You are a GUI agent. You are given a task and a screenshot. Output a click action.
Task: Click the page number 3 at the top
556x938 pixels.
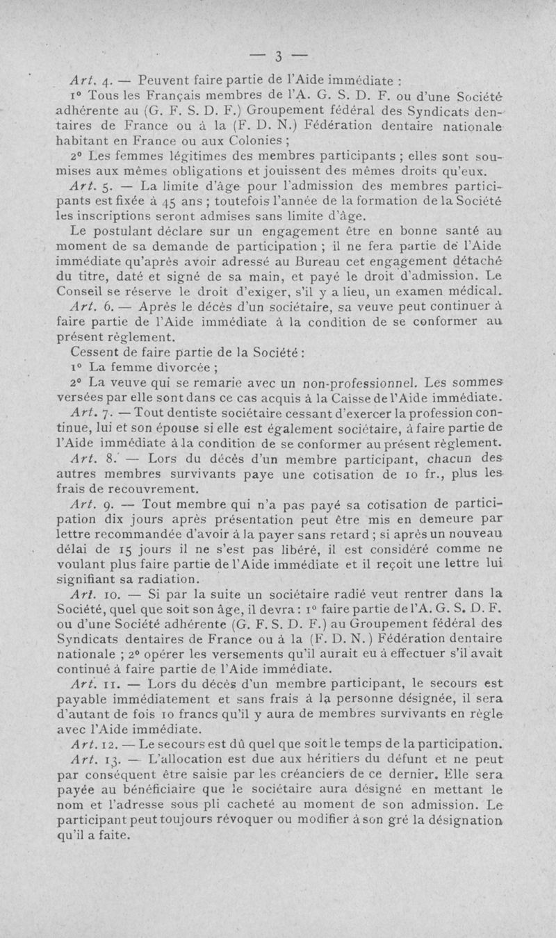[277, 56]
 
